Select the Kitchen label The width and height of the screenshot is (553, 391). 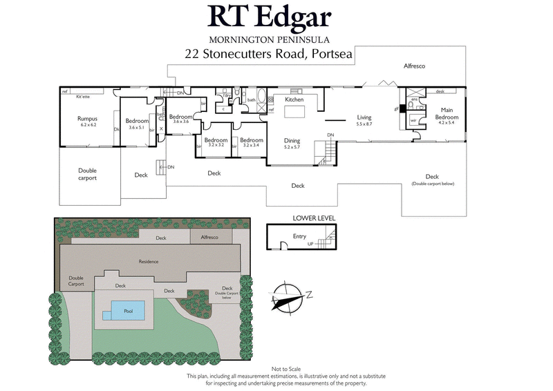pos(294,100)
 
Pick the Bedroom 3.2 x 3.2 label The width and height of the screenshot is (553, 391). pos(216,142)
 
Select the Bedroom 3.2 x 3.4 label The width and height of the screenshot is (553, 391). pos(251,142)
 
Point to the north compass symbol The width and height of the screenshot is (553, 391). pos(290,295)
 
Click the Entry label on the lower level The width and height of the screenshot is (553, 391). pos(299,236)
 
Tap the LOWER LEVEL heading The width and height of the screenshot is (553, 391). pos(314,218)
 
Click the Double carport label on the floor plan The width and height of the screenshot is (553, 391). pos(87,174)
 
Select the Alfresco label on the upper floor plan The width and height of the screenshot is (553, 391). pos(414,66)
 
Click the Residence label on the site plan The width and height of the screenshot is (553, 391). pos(148,261)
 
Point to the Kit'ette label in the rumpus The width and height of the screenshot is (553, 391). pos(84,97)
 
